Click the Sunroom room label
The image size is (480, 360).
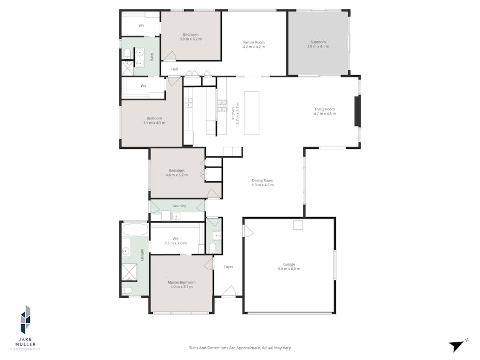pyautogui.click(x=318, y=42)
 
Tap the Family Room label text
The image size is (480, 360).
pyautogui.click(x=254, y=42)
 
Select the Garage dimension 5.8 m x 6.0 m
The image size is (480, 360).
pyautogui.click(x=289, y=269)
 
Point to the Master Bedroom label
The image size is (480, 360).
pyautogui.click(x=181, y=282)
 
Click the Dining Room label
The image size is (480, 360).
pyautogui.click(x=262, y=180)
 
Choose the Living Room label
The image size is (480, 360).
pyautogui.click(x=325, y=109)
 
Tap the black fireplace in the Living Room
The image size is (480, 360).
pyautogui.click(x=357, y=111)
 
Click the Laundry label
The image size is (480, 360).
pyautogui.click(x=179, y=205)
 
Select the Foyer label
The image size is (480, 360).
pyautogui.click(x=228, y=267)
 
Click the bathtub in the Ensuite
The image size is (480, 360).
pyautogui.click(x=135, y=230)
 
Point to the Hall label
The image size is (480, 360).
pyautogui.click(x=174, y=69)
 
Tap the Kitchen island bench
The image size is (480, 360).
pyautogui.click(x=252, y=113)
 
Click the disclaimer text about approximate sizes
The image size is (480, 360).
pyautogui.click(x=240, y=348)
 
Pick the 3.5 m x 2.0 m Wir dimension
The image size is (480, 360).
pyautogui.click(x=175, y=243)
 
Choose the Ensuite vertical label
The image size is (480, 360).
pyautogui.click(x=142, y=255)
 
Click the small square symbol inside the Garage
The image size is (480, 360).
pyautogui.click(x=298, y=225)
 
